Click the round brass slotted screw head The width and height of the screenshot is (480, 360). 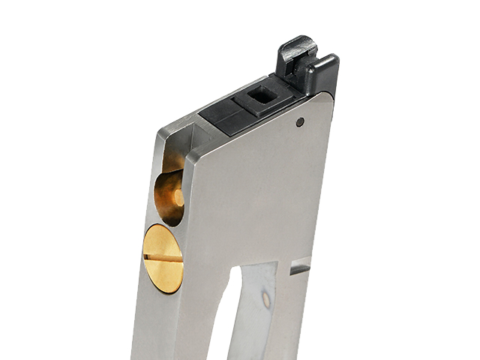(163, 258)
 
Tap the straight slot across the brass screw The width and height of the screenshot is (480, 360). (163, 257)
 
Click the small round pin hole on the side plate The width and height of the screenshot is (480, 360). (300, 122)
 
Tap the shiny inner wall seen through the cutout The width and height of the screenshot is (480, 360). (259, 315)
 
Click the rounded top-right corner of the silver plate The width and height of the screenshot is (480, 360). (328, 97)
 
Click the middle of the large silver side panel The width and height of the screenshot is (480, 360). (255, 195)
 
